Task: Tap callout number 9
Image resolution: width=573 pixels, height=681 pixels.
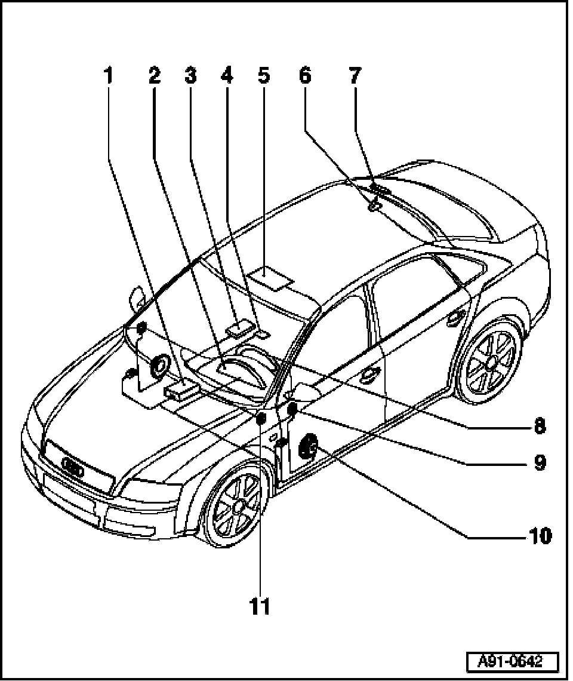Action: (539, 462)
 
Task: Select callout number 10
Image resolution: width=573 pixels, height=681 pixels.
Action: (538, 536)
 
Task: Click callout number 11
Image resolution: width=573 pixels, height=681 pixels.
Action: (260, 606)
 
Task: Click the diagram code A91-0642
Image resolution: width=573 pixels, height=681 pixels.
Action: (511, 662)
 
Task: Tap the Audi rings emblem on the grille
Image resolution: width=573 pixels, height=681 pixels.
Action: (73, 468)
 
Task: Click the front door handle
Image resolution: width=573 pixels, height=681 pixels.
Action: (371, 375)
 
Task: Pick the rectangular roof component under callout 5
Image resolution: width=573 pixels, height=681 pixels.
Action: (270, 278)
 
